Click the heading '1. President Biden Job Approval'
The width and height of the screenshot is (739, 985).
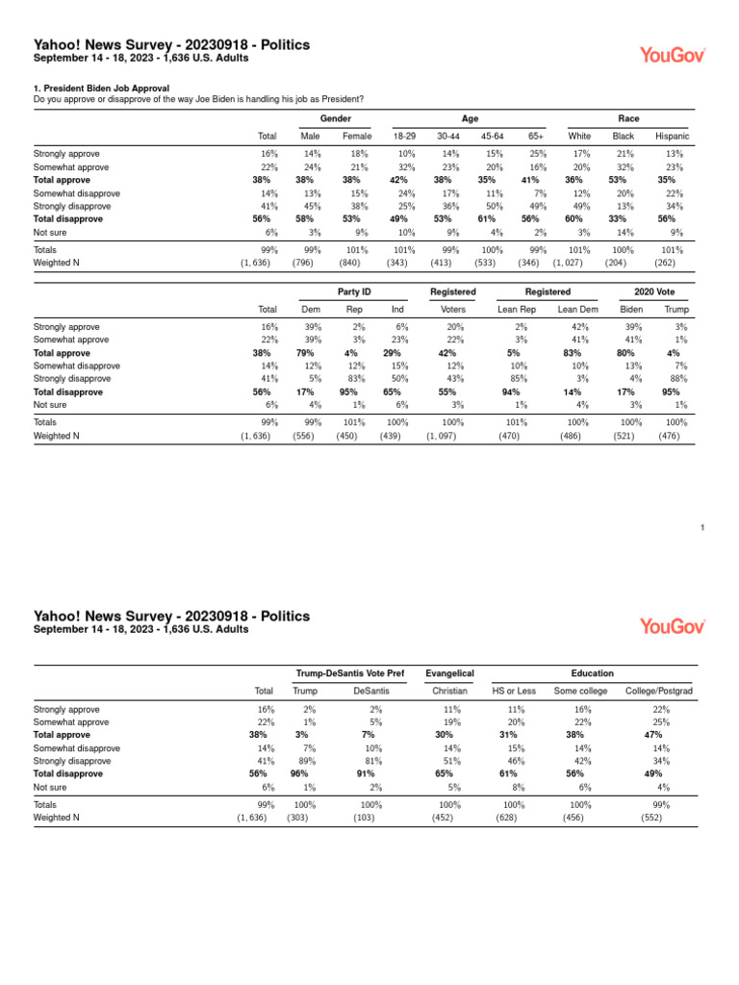(101, 88)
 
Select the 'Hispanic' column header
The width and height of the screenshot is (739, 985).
(672, 137)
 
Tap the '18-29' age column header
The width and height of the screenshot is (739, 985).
(404, 137)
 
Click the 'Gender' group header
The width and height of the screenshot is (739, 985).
(335, 118)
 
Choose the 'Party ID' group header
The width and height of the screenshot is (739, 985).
(354, 291)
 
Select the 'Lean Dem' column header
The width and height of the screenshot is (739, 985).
(577, 310)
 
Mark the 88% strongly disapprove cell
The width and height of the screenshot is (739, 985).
(676, 379)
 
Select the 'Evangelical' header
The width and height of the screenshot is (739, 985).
(450, 673)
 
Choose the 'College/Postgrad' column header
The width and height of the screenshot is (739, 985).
(659, 692)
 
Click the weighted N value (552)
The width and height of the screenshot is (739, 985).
(651, 818)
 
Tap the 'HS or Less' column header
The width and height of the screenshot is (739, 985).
(514, 692)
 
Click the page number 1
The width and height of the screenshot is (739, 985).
(703, 528)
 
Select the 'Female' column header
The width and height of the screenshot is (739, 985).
(357, 137)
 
